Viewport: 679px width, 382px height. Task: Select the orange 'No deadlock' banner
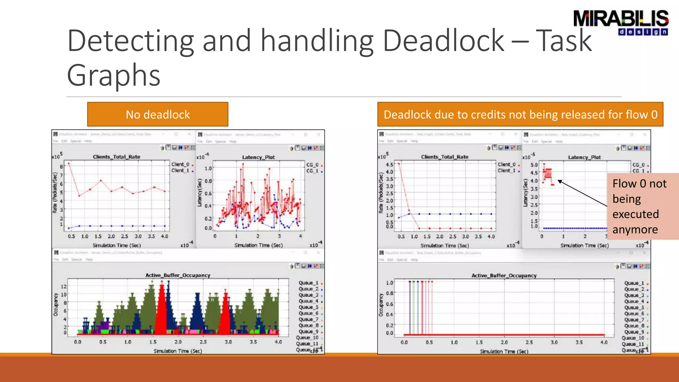(157, 114)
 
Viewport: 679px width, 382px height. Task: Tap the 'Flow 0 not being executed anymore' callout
(640, 206)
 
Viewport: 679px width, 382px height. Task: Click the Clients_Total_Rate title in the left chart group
(116, 157)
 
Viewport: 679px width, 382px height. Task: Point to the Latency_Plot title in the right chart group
(584, 157)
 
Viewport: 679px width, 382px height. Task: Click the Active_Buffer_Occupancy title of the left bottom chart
(178, 275)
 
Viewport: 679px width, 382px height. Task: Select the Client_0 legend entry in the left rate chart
(180, 164)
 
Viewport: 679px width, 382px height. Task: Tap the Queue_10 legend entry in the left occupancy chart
(307, 338)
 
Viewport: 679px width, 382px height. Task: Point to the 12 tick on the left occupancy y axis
(64, 286)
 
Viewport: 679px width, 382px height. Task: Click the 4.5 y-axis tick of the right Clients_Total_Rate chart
(389, 164)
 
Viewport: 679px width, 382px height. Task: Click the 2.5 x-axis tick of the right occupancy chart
(529, 342)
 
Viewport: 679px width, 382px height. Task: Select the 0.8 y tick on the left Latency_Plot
(208, 181)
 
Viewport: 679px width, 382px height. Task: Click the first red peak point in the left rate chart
(69, 163)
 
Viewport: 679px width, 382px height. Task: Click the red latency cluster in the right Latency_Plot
(547, 176)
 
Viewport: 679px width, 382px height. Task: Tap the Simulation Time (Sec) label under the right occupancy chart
(504, 351)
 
